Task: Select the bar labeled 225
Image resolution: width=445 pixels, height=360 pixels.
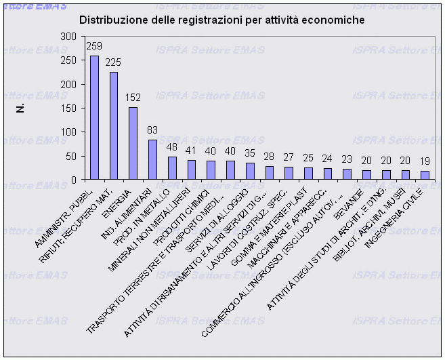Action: pos(114,125)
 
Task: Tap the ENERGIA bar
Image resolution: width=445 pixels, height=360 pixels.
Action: pos(133,143)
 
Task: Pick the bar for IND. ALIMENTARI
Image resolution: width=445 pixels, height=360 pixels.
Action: pos(153,159)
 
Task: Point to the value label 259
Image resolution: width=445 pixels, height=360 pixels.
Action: pos(94,47)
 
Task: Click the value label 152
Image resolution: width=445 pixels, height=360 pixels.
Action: pos(133,98)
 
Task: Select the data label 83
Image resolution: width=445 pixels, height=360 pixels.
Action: pos(153,130)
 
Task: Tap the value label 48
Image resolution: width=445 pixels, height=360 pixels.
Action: pos(173,147)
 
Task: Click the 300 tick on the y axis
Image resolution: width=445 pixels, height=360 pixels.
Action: pos(68,37)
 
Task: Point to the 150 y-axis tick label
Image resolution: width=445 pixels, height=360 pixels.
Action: pos(68,108)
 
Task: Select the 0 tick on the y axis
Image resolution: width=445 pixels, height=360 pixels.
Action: pos(73,179)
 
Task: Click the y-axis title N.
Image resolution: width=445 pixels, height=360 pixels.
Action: pos(20,108)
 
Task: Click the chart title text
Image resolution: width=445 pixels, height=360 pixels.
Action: pos(222,20)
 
